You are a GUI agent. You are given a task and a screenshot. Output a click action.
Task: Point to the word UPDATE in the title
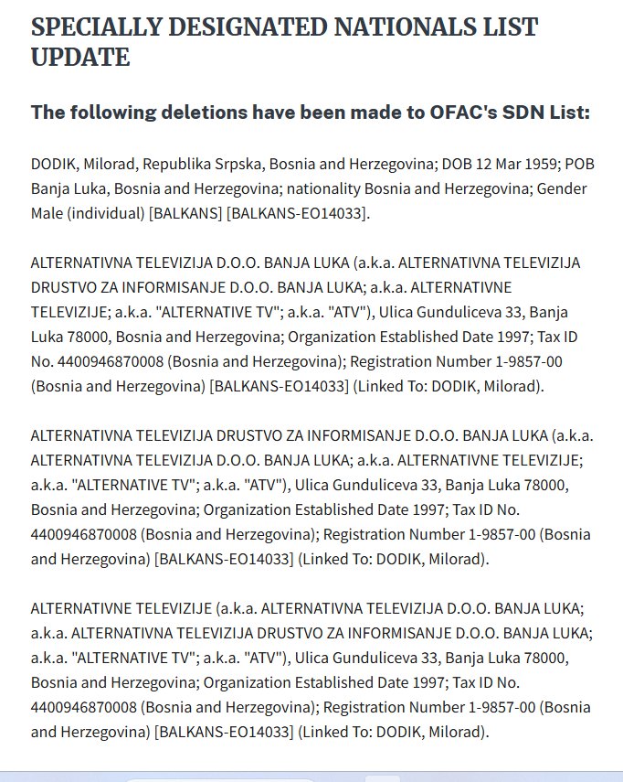pyautogui.click(x=80, y=58)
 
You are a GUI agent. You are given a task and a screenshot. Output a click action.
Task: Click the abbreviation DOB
pyautogui.click(x=458, y=166)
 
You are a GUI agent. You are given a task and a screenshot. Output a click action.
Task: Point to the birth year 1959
pyautogui.click(x=533, y=166)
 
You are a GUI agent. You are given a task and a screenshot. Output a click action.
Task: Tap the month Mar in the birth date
pyautogui.click(x=502, y=166)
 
